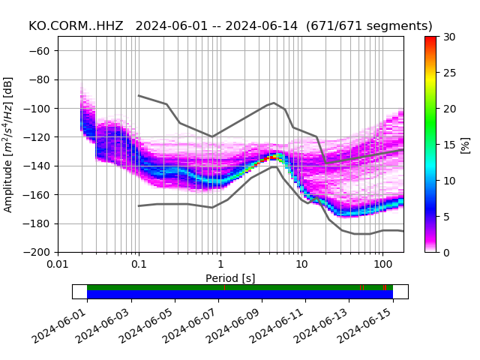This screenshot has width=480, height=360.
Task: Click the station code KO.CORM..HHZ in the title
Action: coord(76,26)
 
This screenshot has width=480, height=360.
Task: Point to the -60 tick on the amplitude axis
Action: coord(43,51)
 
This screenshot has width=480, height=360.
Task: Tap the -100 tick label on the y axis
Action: coord(40,109)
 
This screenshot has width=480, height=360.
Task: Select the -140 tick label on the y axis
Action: coord(40,166)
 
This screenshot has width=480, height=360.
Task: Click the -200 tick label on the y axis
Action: coord(40,253)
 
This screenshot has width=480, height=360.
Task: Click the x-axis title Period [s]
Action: coord(230,278)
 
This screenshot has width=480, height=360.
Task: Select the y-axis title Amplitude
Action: coord(8,144)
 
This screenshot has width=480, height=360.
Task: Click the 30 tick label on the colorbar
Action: coord(448,37)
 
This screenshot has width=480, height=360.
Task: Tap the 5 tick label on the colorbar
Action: coord(445,217)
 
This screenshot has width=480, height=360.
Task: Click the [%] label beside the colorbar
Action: coord(465,144)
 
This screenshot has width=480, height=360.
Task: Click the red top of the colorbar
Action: coord(430,39)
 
